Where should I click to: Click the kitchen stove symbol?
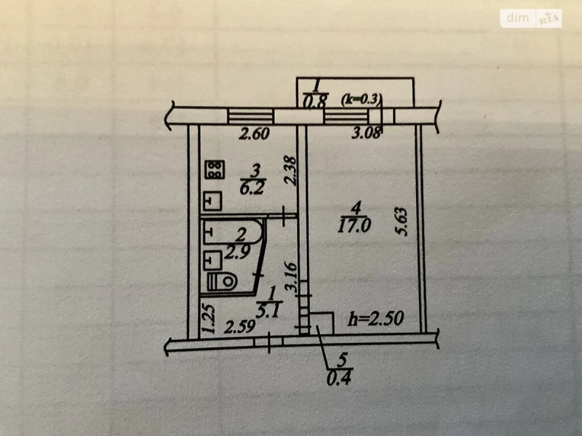point(214,170)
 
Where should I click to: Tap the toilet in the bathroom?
point(222,282)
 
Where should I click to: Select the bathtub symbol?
point(233,233)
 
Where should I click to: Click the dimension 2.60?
point(254,134)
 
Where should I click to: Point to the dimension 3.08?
point(367,133)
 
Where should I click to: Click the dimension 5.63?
point(402,222)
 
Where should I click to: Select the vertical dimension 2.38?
point(290,171)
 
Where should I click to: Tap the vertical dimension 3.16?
point(290,278)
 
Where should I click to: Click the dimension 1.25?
point(208,319)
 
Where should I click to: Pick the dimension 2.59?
point(240,327)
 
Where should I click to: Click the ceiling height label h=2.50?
point(375,318)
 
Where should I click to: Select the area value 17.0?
point(354,225)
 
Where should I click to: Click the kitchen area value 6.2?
point(252,187)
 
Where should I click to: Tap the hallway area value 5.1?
point(268,311)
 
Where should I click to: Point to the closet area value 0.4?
point(339,378)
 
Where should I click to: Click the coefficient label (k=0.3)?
point(361,100)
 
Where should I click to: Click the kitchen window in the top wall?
point(250,116)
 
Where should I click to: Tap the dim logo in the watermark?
point(517,17)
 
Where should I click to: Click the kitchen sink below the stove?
point(212,201)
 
